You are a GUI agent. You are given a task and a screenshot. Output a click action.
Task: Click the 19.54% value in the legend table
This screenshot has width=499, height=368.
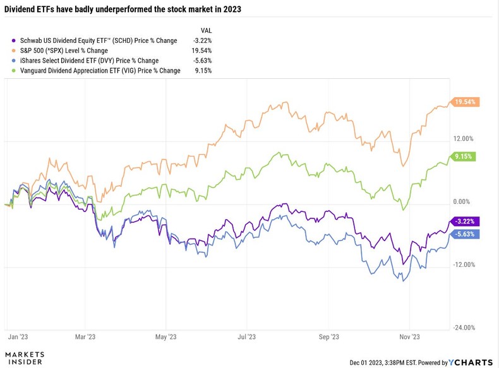point(201,50)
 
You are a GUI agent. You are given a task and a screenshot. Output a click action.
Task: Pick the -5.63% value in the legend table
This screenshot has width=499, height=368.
point(201,61)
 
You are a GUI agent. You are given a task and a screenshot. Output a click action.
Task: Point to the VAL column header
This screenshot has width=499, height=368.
point(206,30)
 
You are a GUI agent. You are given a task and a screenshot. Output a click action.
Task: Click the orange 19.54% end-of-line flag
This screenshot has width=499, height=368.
point(466,102)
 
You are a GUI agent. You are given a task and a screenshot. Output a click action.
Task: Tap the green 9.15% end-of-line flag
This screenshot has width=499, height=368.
point(464,157)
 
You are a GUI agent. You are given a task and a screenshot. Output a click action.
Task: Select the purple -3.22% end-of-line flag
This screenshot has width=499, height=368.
point(466,221)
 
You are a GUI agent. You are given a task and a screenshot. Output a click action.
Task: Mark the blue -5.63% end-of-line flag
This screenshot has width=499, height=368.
point(466,234)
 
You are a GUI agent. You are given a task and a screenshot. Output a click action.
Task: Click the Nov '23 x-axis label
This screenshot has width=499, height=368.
point(410,338)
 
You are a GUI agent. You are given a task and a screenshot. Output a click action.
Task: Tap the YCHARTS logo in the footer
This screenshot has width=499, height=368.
point(471,362)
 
